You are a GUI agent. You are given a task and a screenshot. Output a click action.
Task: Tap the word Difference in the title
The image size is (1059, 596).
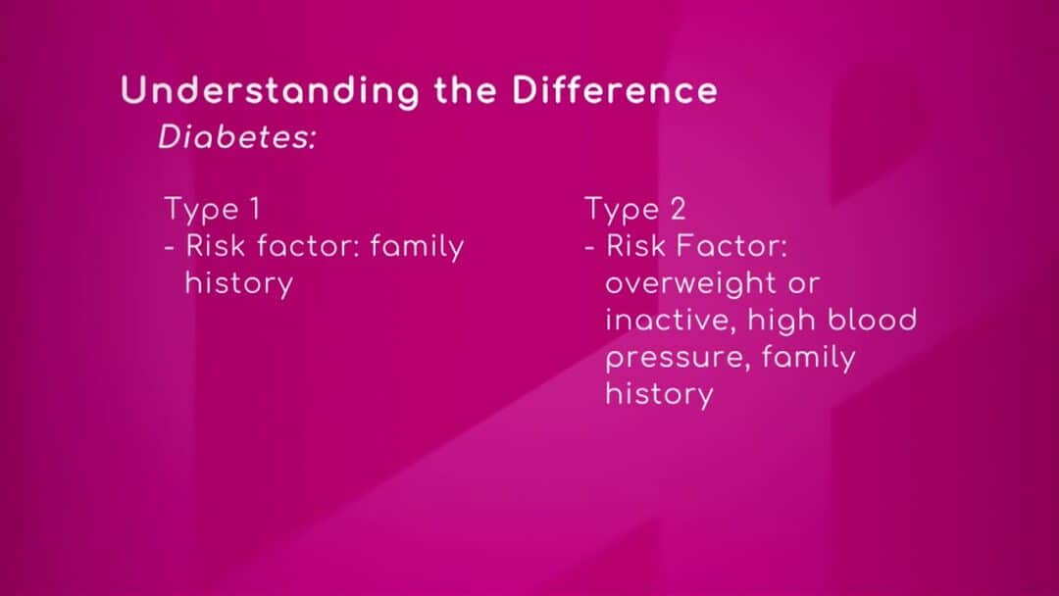click(x=615, y=90)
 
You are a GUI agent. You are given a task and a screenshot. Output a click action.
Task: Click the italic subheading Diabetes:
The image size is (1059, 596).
click(x=237, y=137)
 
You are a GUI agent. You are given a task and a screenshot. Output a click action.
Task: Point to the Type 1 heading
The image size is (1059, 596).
click(x=212, y=209)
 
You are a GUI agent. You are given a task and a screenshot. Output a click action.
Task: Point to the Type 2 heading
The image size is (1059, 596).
click(x=634, y=209)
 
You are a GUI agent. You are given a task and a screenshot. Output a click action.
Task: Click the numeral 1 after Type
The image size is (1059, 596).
click(x=255, y=208)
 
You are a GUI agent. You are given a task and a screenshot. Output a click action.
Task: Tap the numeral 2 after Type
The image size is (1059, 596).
click(x=679, y=208)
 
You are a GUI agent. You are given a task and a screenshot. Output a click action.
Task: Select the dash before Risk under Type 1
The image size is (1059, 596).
click(x=170, y=248)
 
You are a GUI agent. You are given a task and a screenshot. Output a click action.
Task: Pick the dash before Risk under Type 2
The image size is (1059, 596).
click(x=589, y=248)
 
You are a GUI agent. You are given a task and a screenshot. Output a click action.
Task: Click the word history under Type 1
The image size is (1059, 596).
click(x=239, y=284)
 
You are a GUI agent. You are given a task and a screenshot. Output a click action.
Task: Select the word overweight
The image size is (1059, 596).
click(x=691, y=284)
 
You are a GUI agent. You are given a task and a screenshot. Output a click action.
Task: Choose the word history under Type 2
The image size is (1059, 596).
click(x=659, y=395)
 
